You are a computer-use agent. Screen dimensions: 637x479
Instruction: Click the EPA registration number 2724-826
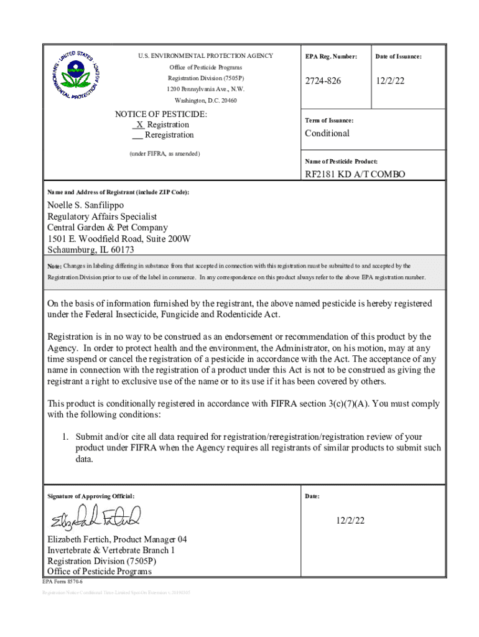coord(323,81)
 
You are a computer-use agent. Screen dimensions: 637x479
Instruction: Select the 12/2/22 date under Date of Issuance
coord(390,81)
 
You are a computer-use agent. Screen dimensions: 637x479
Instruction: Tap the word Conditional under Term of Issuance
coord(327,133)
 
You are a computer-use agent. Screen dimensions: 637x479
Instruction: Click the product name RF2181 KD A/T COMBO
coord(355,174)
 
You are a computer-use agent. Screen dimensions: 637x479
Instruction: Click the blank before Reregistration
coord(137,135)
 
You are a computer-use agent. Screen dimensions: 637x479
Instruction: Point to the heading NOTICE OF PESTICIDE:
coord(161,114)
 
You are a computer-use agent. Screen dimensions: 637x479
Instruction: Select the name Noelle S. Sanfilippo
coord(86,205)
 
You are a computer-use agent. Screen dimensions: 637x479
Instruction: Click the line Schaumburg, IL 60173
coord(91,250)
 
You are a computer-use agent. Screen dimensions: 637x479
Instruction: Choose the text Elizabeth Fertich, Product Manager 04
coord(117,539)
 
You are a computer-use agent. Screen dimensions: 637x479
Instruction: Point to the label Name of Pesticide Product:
coord(341,161)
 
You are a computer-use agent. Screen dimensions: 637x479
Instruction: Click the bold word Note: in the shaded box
coord(55,266)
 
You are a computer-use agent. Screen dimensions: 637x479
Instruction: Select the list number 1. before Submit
coord(65,437)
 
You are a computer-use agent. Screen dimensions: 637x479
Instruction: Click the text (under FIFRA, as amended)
coord(165,153)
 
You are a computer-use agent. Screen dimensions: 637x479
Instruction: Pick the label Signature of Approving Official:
coord(91,496)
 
